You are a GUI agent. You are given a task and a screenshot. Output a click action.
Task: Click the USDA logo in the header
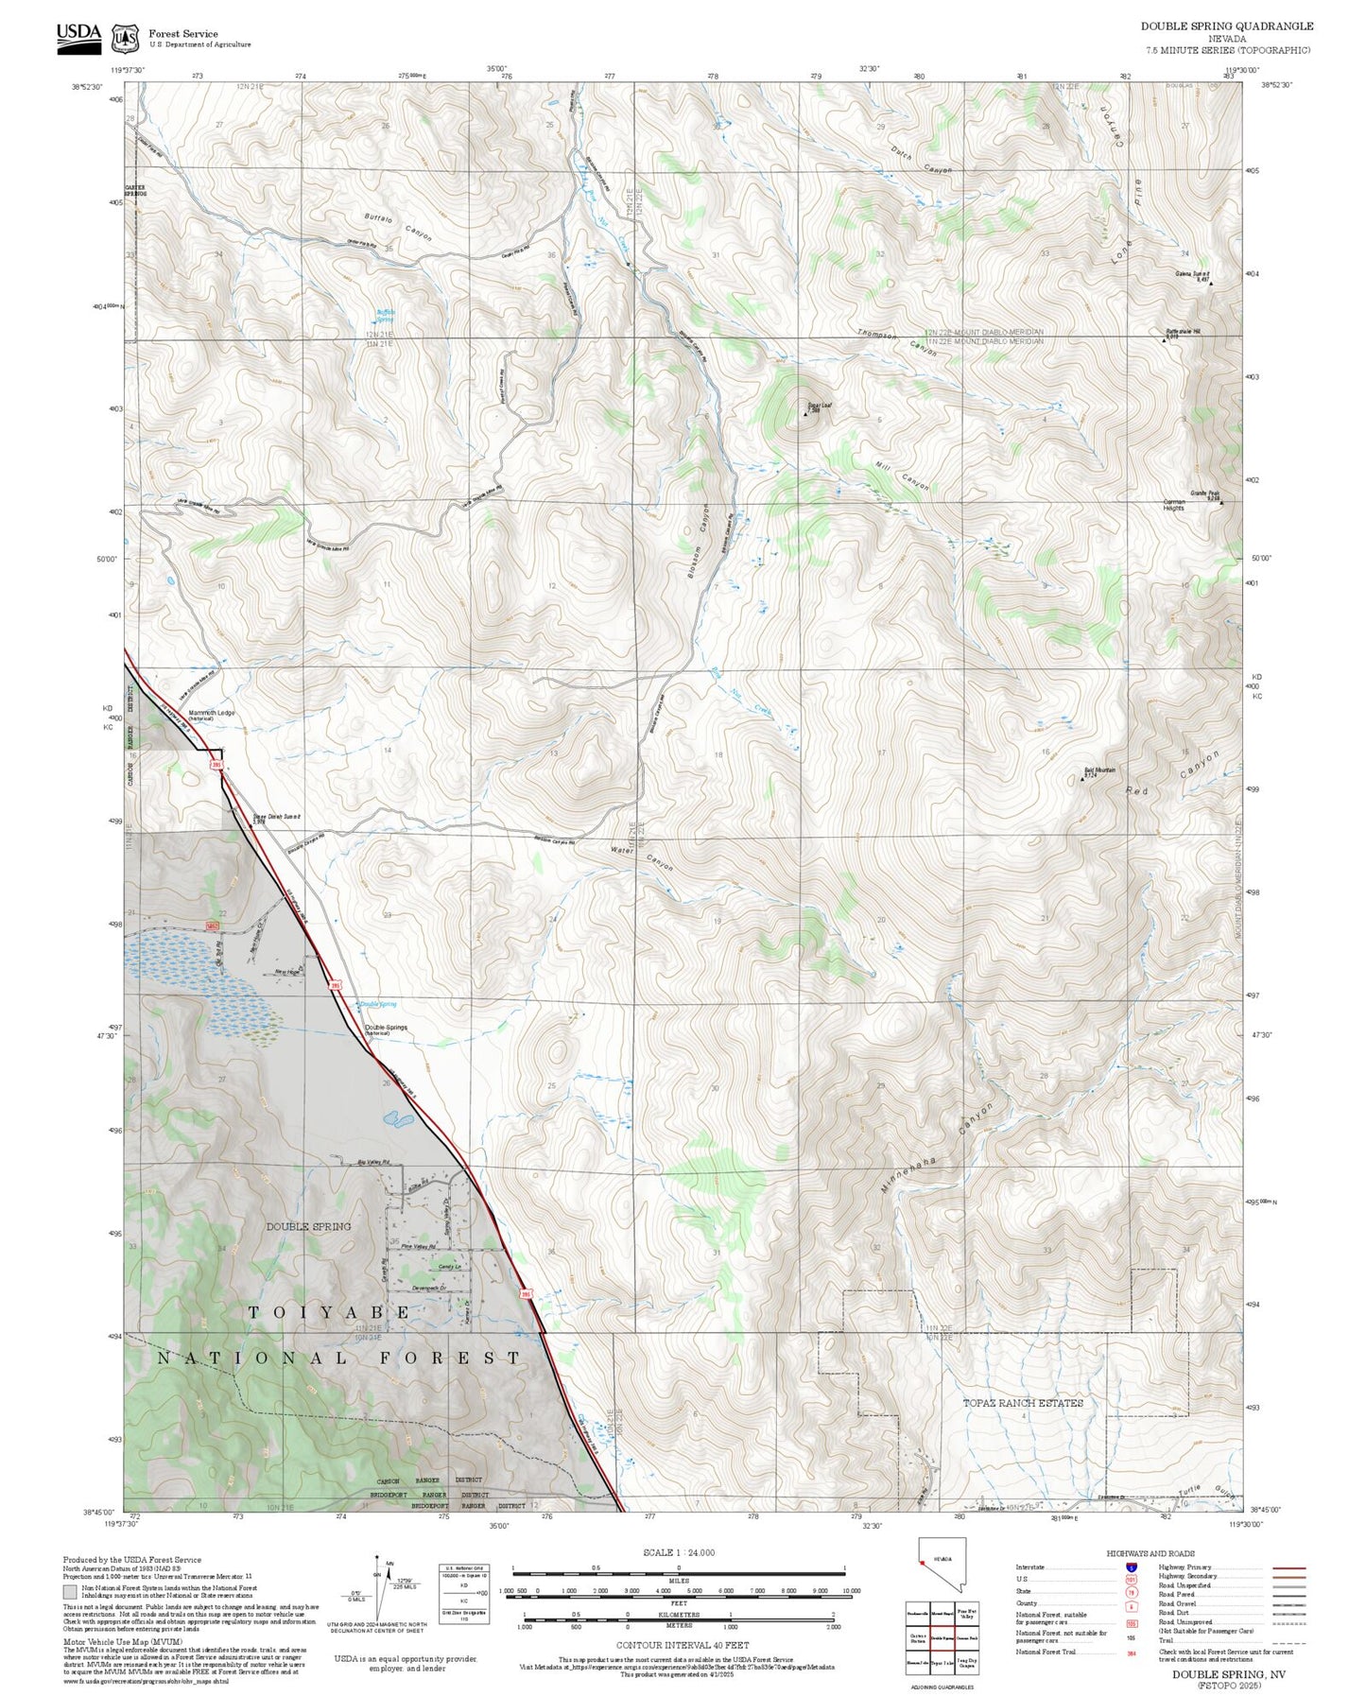(78, 35)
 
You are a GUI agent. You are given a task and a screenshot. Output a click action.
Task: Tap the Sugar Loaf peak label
(819, 407)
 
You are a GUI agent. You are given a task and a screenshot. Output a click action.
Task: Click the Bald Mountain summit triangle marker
(1082, 779)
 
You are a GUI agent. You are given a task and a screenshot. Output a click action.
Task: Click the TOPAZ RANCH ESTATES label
(1023, 1403)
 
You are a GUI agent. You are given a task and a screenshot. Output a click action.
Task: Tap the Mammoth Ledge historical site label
(211, 715)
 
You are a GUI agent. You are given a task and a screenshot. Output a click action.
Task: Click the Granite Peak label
(1204, 494)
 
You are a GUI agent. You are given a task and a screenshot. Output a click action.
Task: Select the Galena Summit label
(1192, 276)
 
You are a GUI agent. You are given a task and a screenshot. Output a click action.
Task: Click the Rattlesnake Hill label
(1182, 333)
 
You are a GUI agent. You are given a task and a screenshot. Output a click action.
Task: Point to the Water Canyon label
(642, 856)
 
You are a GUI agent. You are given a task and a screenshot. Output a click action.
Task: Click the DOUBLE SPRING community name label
(308, 1226)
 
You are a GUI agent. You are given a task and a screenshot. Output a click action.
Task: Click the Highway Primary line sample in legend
(1288, 1567)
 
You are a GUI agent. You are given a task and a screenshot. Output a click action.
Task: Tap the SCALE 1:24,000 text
(678, 1552)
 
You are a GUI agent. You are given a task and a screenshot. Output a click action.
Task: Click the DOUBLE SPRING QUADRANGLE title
(1226, 26)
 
